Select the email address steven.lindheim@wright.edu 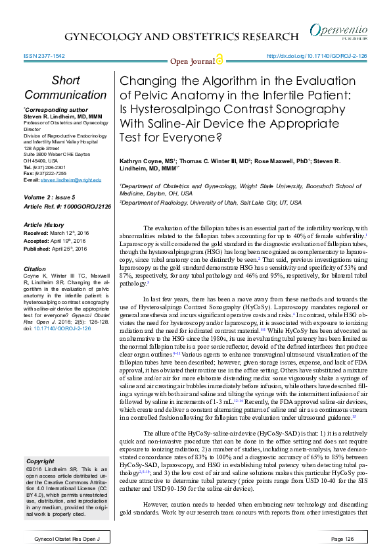[x=71, y=180]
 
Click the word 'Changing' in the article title [x=144, y=82]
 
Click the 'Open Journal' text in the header [x=192, y=62]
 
